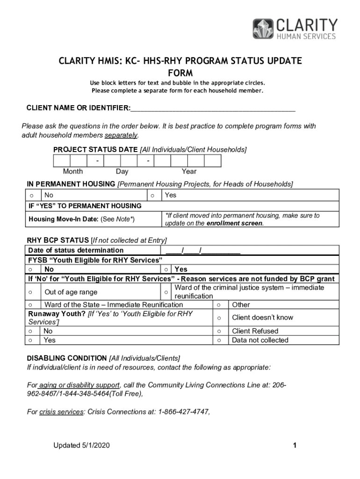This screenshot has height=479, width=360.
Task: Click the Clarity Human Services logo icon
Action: click(263, 29)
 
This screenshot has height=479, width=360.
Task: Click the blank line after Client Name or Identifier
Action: click(213, 109)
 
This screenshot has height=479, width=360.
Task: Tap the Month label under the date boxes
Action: click(73, 172)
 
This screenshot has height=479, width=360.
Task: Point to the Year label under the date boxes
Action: click(189, 172)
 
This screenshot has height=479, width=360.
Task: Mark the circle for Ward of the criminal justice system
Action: click(166, 292)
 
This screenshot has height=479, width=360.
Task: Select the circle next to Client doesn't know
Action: click(218, 318)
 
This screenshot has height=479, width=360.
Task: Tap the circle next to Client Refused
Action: click(218, 331)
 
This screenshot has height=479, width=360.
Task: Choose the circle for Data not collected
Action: click(218, 341)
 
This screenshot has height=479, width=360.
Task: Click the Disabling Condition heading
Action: click(67, 358)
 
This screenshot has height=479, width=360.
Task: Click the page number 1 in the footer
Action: click(295, 446)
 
